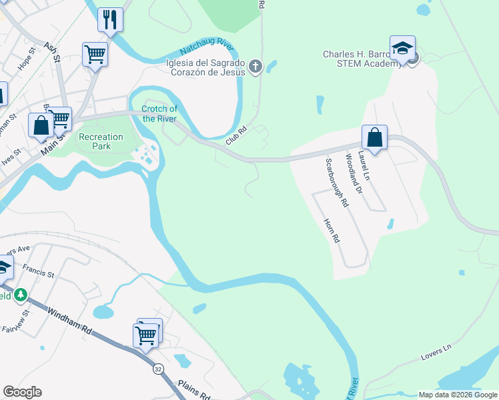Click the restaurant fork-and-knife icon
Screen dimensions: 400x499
[x=110, y=19]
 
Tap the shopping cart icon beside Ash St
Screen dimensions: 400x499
[x=95, y=54]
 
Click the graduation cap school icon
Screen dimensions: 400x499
[x=402, y=49]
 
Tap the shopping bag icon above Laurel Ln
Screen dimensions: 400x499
[x=375, y=138]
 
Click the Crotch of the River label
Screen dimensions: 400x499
[x=159, y=114]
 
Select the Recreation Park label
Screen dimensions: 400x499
[x=101, y=141]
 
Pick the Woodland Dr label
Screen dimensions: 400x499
[x=353, y=174]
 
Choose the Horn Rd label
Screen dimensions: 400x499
[x=332, y=230]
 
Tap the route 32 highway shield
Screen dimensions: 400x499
[x=157, y=369]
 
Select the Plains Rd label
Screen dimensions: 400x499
[x=194, y=389]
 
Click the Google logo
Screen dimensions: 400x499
[x=22, y=392]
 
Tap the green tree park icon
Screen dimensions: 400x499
[x=21, y=294]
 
